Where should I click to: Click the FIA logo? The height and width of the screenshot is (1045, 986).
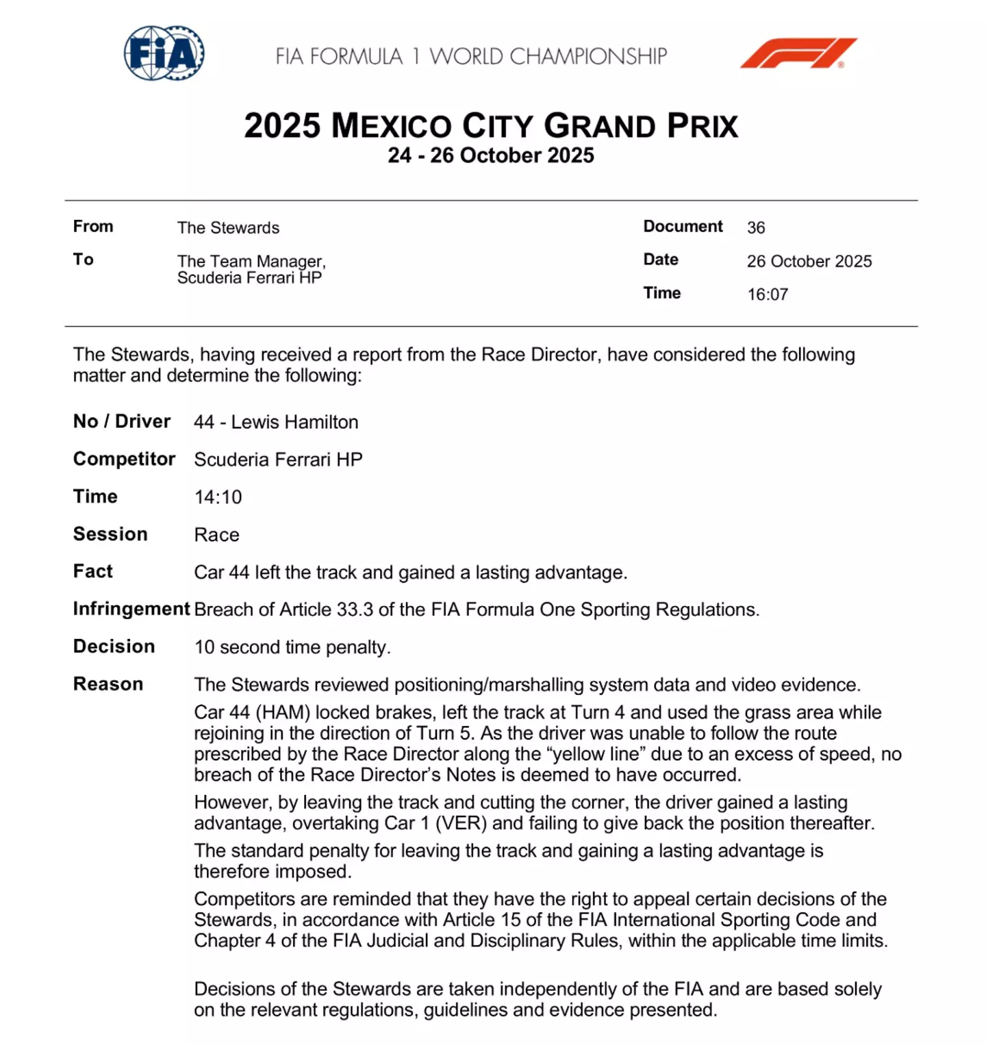pyautogui.click(x=164, y=53)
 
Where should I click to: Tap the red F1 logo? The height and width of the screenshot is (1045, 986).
pyautogui.click(x=798, y=53)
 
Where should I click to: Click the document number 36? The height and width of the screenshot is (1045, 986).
pyautogui.click(x=756, y=227)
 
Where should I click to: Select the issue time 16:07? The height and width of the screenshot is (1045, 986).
pyautogui.click(x=768, y=294)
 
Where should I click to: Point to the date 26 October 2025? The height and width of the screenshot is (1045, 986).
pyautogui.click(x=809, y=261)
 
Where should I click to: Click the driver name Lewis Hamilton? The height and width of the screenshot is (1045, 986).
pyautogui.click(x=294, y=422)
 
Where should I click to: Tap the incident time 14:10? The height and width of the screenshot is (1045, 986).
pyautogui.click(x=218, y=497)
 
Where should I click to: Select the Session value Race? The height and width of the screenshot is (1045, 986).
pyautogui.click(x=216, y=535)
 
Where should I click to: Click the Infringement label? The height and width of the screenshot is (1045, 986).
pyautogui.click(x=131, y=609)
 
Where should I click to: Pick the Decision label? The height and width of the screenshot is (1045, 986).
pyautogui.click(x=114, y=646)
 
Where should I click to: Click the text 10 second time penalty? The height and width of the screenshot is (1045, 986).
pyautogui.click(x=292, y=647)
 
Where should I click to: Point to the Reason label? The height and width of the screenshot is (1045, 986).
pyautogui.click(x=108, y=684)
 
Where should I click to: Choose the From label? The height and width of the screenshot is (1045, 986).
pyautogui.click(x=93, y=227)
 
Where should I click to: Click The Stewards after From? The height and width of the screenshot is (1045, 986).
pyautogui.click(x=228, y=227)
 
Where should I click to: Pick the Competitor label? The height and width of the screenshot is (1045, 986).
pyautogui.click(x=124, y=459)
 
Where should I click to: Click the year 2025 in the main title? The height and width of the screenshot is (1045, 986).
pyautogui.click(x=282, y=126)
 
